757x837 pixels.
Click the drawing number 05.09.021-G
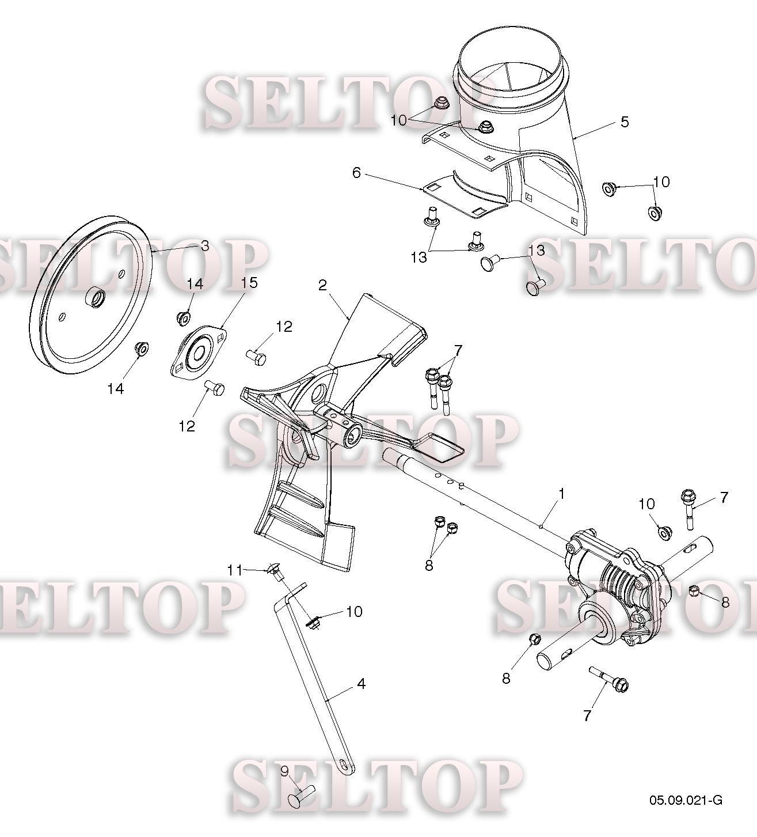[x=686, y=800]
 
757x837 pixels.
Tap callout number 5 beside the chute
[x=625, y=122]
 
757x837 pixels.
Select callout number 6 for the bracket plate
[x=356, y=172]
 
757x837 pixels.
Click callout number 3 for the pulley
[x=205, y=246]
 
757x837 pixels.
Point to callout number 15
[x=249, y=282]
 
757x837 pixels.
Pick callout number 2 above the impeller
[x=322, y=285]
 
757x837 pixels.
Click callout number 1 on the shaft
[x=561, y=494]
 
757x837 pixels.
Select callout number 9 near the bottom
[x=284, y=771]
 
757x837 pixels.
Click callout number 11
[x=235, y=570]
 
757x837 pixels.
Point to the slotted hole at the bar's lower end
[x=345, y=765]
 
